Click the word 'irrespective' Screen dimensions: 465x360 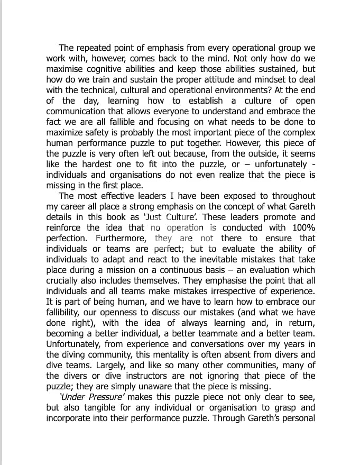point(221,291)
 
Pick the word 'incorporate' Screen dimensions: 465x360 point(70,418)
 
